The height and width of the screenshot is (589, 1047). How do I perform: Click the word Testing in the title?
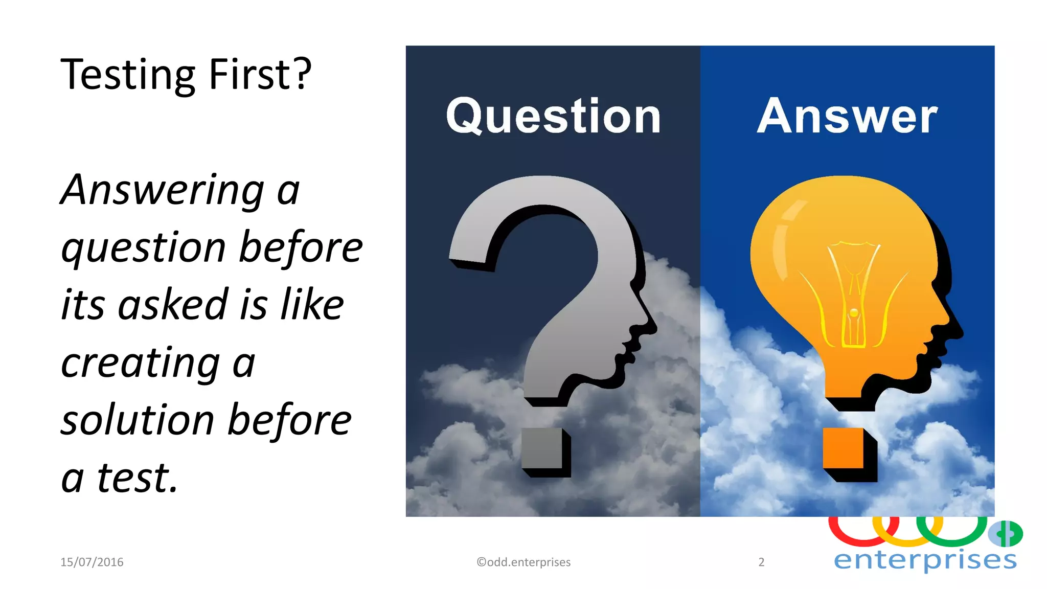(x=128, y=75)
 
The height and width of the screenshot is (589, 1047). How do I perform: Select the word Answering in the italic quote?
(x=163, y=190)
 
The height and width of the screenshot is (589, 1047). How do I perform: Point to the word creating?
(x=140, y=363)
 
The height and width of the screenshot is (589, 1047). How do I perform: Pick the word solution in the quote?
(x=137, y=420)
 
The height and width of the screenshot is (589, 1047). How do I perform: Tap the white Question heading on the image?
(x=553, y=117)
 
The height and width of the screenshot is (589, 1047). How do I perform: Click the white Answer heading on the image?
(x=847, y=117)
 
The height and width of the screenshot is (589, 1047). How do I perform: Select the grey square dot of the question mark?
(x=542, y=448)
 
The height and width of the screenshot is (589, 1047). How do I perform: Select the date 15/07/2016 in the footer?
(x=92, y=562)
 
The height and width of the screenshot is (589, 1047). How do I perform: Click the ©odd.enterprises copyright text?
(x=523, y=562)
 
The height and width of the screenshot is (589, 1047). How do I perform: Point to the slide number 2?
(x=761, y=562)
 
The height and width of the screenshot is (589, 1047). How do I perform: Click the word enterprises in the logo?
(x=925, y=560)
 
